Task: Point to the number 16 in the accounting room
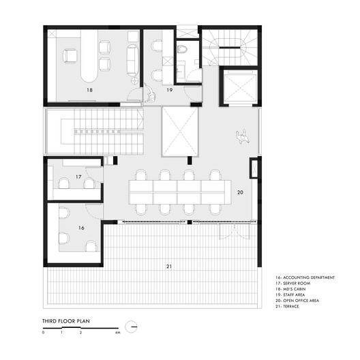pyautogui.click(x=81, y=228)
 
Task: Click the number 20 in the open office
pyautogui.click(x=239, y=193)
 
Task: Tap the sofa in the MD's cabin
pyautogui.click(x=132, y=55)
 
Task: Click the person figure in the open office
pyautogui.click(x=242, y=137)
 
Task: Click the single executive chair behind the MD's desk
pyautogui.click(x=69, y=55)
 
